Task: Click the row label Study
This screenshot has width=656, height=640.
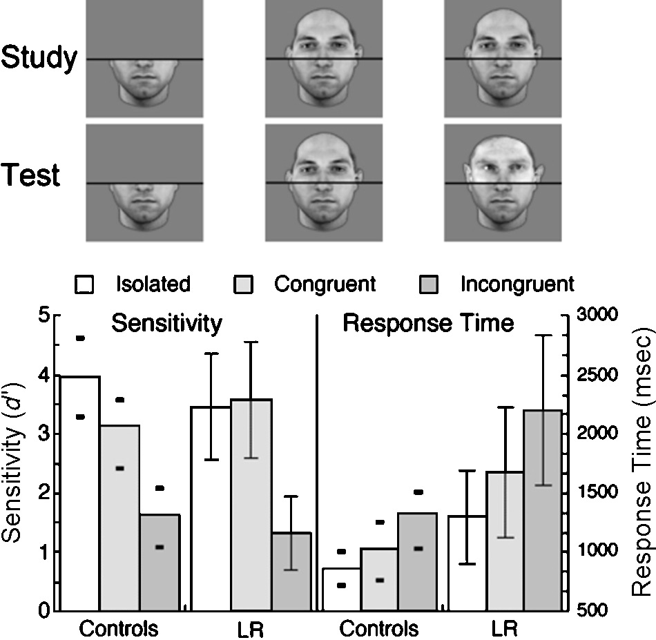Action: pos(38,59)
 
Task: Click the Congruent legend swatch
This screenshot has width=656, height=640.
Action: pos(244,284)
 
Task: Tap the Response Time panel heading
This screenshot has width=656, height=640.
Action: pos(428,323)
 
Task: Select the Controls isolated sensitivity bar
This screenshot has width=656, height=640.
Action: pos(81,493)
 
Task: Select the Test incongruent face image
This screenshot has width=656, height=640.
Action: pos(502,182)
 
